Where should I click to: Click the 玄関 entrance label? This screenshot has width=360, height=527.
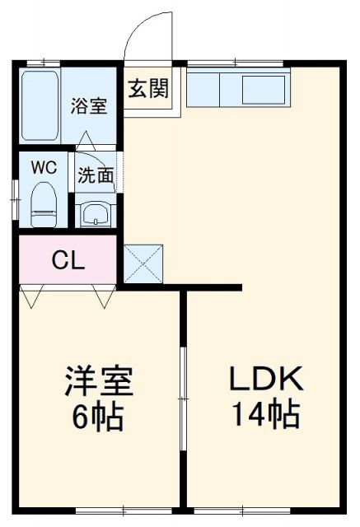pyautogui.click(x=148, y=88)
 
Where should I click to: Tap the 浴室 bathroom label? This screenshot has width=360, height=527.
pyautogui.click(x=88, y=107)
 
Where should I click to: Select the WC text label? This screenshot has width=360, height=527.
pyautogui.click(x=44, y=166)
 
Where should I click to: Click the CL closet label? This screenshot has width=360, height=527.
pyautogui.click(x=68, y=261)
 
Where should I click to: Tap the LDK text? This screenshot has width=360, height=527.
pyautogui.click(x=265, y=380)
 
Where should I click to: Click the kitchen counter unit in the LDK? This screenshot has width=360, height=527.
pyautogui.click(x=236, y=88)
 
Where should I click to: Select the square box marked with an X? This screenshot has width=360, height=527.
pyautogui.click(x=144, y=263)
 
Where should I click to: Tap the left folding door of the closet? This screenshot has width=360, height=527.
pyautogui.click(x=32, y=295)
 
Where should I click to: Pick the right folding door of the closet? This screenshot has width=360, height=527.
pyautogui.click(x=104, y=295)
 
